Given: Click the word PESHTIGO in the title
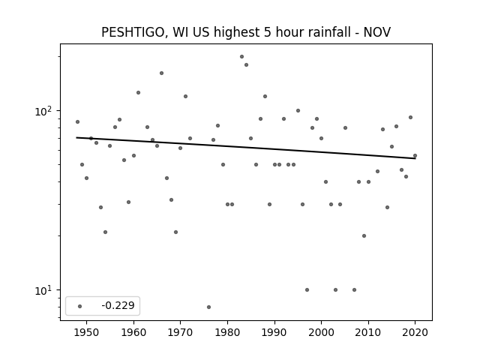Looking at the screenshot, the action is click(x=134, y=32).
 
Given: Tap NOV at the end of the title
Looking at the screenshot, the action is click(x=376, y=32).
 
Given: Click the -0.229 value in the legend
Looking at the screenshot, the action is click(x=118, y=305).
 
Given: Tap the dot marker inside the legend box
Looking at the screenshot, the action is click(x=80, y=306).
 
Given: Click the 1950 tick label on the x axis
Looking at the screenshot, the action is click(x=87, y=332).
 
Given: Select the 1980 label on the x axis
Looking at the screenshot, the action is click(x=227, y=332).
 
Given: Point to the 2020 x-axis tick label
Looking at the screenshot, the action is click(x=415, y=332).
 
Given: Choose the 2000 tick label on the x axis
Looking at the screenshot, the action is click(x=321, y=332).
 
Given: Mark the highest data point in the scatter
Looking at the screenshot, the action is click(x=241, y=57).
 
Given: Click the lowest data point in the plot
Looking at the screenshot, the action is click(x=208, y=307).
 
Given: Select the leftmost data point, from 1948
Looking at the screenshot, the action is click(x=77, y=121).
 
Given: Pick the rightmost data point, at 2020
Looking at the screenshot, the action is click(x=415, y=156).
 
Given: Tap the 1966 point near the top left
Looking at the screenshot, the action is click(x=162, y=73).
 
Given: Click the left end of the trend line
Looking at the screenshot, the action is click(x=76, y=137).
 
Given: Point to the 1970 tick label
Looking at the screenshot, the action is click(x=180, y=332).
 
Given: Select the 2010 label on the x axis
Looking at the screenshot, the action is click(x=368, y=332).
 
